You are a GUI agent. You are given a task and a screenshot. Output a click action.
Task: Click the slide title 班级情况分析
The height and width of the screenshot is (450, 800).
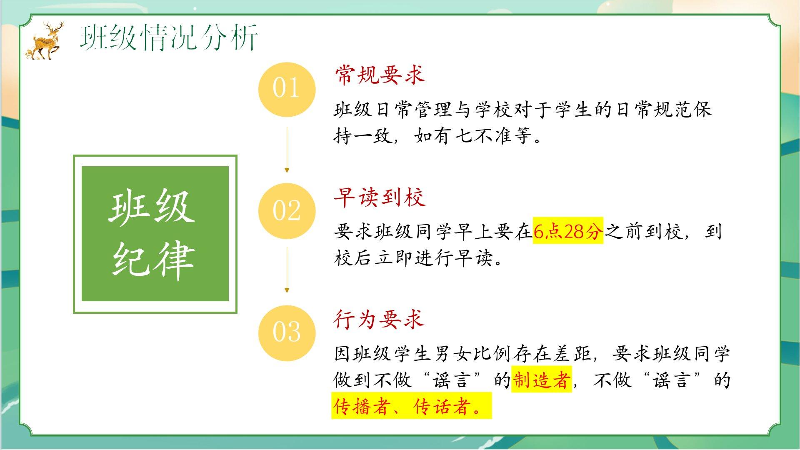click(x=169, y=37)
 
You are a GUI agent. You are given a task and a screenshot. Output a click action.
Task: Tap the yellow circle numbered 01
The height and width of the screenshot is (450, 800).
click(x=287, y=89)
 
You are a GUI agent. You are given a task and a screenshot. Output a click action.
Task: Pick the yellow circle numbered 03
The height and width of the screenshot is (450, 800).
click(x=287, y=332)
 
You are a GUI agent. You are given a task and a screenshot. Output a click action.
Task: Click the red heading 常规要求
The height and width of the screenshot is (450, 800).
click(x=379, y=75)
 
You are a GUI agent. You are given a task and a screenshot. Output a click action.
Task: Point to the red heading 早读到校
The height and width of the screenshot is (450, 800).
click(x=379, y=197)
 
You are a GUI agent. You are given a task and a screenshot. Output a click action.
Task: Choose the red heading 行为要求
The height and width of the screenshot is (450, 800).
click(x=379, y=319)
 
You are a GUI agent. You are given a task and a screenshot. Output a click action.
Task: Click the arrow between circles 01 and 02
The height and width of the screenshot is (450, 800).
click(x=287, y=150)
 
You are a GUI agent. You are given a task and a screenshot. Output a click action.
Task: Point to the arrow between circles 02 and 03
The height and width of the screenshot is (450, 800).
click(x=287, y=270)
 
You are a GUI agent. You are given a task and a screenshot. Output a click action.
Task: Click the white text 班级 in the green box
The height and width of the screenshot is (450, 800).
click(x=152, y=207)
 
